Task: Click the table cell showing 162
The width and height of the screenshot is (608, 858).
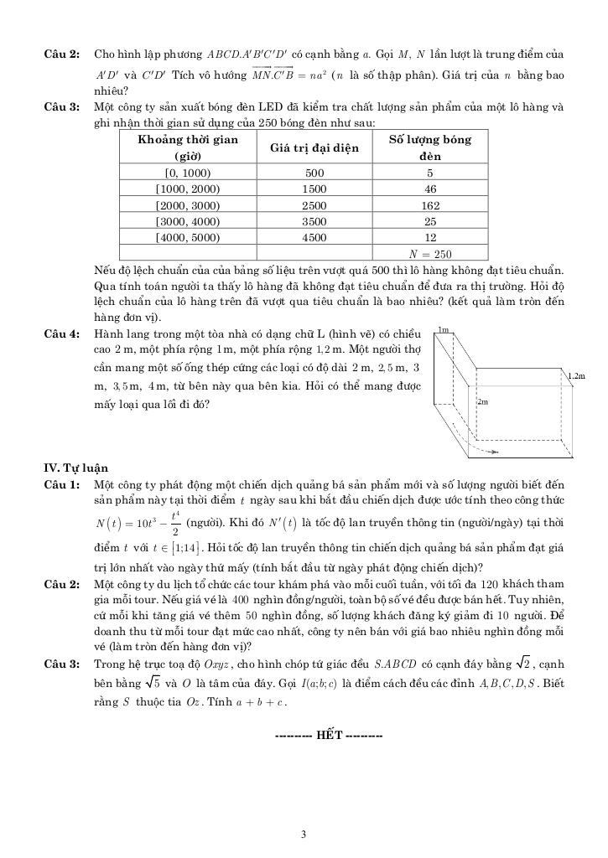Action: pos(431,205)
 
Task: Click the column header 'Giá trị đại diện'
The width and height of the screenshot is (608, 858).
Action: pos(314,148)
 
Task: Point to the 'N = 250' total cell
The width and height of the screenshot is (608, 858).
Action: pos(430,254)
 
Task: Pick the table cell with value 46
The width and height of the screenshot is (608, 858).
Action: pos(431,189)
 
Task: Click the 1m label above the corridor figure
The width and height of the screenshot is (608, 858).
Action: pos(444,330)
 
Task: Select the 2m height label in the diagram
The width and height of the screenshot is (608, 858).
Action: pos(482,402)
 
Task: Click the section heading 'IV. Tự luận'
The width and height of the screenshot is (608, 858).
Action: pos(76,468)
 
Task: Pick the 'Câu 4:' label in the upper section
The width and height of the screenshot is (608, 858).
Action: pos(62,333)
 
